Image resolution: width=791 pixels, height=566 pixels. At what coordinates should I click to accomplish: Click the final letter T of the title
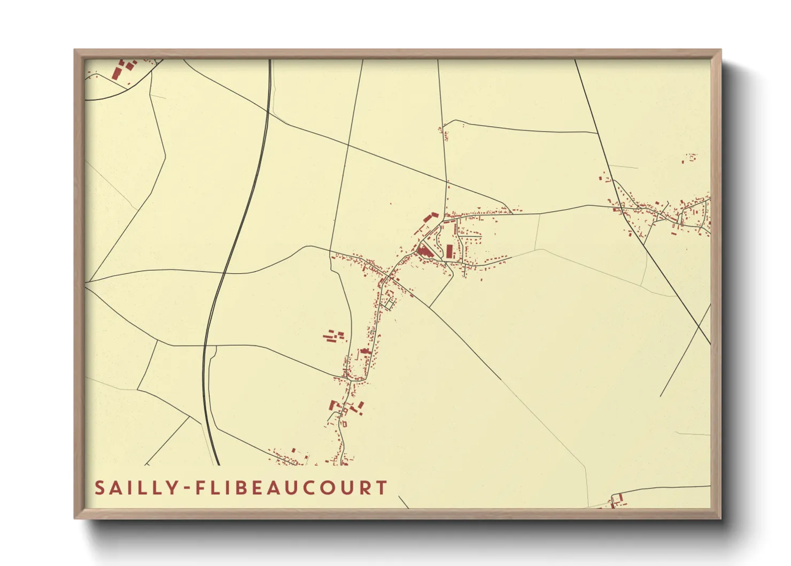tap(381, 488)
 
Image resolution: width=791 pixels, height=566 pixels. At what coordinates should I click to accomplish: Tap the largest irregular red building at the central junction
tap(426, 250)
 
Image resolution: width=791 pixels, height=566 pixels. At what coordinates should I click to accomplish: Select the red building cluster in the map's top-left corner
tap(122, 70)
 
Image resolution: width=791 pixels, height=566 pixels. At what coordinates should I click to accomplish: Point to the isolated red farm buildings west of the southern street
tap(333, 336)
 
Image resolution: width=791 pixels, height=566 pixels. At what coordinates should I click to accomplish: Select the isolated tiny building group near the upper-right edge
tap(690, 158)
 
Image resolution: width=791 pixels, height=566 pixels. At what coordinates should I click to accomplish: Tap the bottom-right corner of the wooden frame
tap(720, 517)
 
